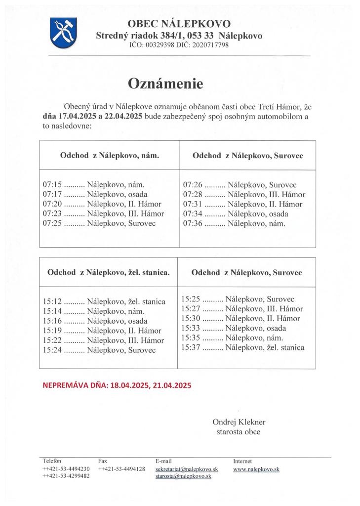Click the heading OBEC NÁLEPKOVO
[179, 23]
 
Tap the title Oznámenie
[165, 84]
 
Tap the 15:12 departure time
[52, 302]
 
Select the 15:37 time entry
[190, 348]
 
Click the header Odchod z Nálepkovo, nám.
[110, 155]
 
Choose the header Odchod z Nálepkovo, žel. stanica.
[109, 272]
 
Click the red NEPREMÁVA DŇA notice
[117, 384]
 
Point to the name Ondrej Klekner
[239, 422]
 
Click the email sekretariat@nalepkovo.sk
[187, 468]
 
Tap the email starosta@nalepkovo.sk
[183, 476]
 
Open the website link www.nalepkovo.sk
[256, 468]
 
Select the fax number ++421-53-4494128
[121, 468]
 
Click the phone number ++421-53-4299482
[66, 476]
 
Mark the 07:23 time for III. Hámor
[52, 214]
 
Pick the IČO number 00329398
[158, 45]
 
